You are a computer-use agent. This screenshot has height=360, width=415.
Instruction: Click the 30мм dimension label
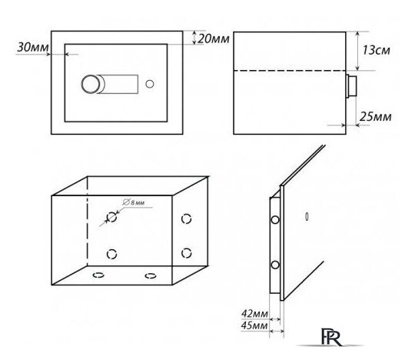[33, 48]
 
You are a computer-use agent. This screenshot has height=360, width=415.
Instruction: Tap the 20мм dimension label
[214, 39]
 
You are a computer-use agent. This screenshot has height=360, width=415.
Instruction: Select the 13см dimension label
[376, 50]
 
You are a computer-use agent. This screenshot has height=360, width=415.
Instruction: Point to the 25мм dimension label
[375, 117]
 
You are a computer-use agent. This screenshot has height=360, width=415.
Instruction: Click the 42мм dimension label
[254, 314]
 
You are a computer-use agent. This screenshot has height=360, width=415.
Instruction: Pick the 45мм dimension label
[254, 325]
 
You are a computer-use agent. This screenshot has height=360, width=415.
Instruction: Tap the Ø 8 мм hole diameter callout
[134, 202]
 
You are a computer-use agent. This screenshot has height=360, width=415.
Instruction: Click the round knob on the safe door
[91, 85]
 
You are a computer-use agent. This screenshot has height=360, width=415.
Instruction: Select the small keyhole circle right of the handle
[150, 84]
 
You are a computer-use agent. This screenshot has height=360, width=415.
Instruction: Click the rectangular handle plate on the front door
[118, 85]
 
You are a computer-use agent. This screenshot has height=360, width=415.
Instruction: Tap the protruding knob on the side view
[351, 86]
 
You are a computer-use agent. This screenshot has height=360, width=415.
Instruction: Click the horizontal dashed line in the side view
[290, 71]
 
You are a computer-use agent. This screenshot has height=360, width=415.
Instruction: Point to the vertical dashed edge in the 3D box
[87, 222]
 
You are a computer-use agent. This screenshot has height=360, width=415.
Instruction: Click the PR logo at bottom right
[331, 337]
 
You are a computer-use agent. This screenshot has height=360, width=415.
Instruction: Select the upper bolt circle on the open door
[275, 219]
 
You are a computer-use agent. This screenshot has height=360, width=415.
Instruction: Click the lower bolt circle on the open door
[275, 265]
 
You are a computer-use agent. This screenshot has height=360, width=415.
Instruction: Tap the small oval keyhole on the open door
[307, 216]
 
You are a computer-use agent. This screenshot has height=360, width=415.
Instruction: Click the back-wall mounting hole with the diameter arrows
[111, 217]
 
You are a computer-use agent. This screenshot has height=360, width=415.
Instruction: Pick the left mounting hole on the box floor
[98, 275]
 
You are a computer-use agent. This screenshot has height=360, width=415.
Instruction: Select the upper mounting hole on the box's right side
[186, 218]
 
